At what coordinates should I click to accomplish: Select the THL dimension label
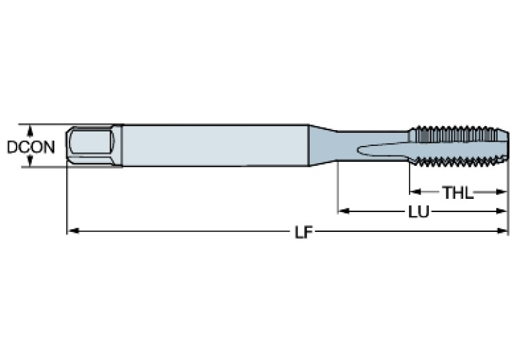(458, 193)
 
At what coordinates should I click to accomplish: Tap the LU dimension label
(419, 212)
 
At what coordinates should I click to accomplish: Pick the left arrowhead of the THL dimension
(415, 192)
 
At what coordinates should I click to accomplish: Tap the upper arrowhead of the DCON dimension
(30, 128)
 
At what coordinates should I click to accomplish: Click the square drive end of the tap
(92, 145)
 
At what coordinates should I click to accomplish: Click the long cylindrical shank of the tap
(213, 145)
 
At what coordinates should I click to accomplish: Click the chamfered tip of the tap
(503, 145)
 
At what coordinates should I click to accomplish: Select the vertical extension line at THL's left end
(410, 180)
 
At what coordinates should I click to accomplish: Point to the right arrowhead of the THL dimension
(503, 192)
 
